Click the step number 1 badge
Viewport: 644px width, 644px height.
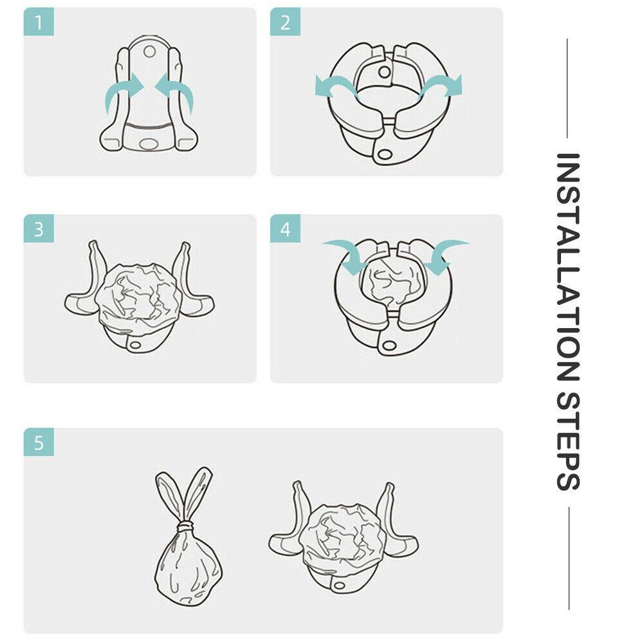39,22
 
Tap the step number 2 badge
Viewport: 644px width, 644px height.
285,22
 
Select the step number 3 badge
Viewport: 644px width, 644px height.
39,229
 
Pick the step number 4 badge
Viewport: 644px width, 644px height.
285,229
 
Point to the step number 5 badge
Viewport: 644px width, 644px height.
39,443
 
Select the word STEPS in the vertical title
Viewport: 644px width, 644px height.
567,441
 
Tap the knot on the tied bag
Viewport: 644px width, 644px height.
187,526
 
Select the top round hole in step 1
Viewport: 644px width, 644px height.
149,52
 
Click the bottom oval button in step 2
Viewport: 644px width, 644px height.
385,154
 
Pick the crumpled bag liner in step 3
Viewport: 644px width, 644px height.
139,297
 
